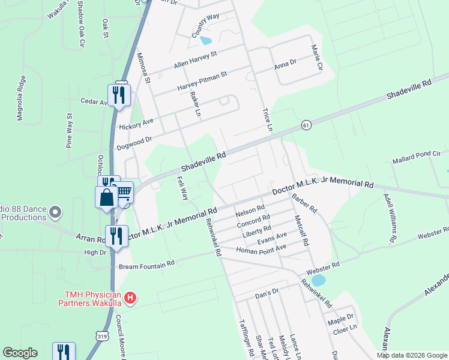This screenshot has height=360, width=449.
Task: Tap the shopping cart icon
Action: pos(124,192)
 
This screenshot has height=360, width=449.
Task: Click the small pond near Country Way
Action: pos(206,41)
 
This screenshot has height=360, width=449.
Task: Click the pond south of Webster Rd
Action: pos(318,280)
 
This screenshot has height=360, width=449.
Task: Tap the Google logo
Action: pos(20,353)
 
